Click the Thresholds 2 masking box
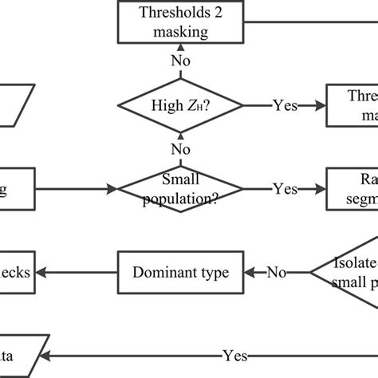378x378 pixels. [181, 22]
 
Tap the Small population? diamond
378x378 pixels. [181, 188]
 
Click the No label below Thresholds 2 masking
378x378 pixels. [181, 61]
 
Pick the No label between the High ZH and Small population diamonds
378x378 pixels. [181, 148]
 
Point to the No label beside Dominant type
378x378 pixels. [276, 273]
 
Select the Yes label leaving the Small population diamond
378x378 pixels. [285, 189]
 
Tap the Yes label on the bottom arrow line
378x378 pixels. [234, 356]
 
